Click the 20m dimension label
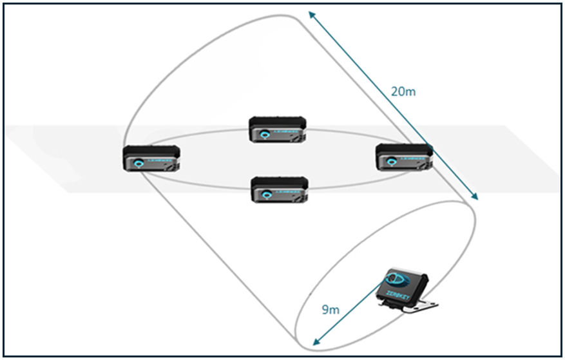coord(403,91)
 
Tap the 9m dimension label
coord(330,310)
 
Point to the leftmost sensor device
coord(151,158)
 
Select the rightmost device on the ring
coord(403,157)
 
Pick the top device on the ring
coord(278,129)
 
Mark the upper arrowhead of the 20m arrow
coord(311,14)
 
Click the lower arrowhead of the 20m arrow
coord(476,196)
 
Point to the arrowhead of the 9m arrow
coord(314,341)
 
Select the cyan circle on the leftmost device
coord(140,164)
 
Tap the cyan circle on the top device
coord(265,135)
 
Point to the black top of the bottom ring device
coord(278,181)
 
